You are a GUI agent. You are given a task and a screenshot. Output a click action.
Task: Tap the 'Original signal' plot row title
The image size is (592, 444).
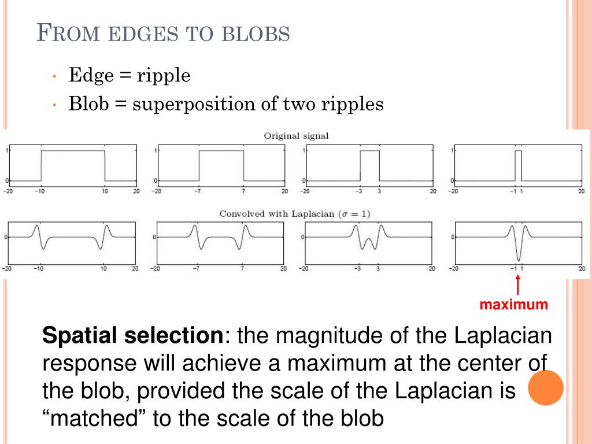tap(296, 136)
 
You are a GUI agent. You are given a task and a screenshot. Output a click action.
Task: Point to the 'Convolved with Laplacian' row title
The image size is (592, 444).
tap(295, 214)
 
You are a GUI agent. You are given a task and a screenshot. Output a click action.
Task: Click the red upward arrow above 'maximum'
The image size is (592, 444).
tap(517, 286)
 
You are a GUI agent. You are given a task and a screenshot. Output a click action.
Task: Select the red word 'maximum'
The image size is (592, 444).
tap(513, 305)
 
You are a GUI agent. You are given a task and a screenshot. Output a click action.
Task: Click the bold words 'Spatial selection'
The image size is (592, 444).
tap(132, 335)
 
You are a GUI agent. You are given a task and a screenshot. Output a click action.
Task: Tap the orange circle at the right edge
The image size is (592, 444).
tap(546, 387)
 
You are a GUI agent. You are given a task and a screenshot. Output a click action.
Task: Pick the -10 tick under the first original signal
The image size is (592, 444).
tap(40, 191)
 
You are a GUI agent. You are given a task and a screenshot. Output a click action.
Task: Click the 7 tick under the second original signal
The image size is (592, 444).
tap(244, 191)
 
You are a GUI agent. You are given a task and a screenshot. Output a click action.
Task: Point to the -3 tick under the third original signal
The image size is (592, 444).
tap(359, 191)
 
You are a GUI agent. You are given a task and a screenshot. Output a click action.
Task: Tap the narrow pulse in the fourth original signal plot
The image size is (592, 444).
tap(518, 165)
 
